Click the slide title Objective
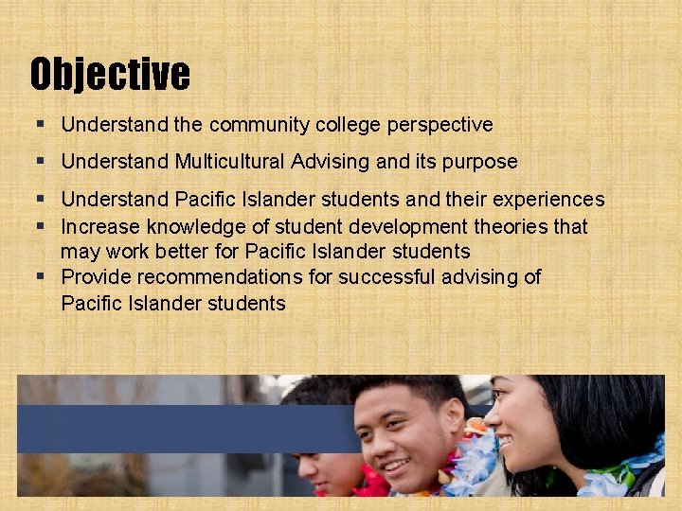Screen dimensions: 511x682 110,74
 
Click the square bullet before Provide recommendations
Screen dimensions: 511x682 45,277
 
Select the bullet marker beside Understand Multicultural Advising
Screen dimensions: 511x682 45,162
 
